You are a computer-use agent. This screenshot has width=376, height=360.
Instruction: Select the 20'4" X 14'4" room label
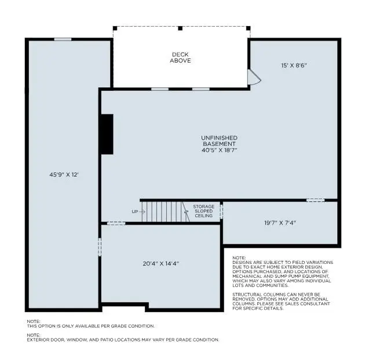click(x=160, y=263)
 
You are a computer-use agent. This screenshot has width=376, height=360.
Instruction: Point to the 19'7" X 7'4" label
click(x=281, y=222)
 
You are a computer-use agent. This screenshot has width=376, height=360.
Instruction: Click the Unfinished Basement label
click(x=219, y=141)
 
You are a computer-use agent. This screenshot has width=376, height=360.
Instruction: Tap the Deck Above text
click(x=180, y=57)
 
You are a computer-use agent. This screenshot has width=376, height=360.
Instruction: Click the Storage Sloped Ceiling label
click(x=203, y=211)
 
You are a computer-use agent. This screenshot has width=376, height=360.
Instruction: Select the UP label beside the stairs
click(x=135, y=212)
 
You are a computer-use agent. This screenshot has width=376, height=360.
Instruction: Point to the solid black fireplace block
click(x=107, y=134)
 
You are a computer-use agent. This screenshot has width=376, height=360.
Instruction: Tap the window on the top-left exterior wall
click(x=63, y=39)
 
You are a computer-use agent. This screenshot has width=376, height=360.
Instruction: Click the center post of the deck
click(x=180, y=28)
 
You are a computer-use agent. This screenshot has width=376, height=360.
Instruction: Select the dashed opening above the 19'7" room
click(x=315, y=200)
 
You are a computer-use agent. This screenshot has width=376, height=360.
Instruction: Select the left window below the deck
click(x=160, y=89)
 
